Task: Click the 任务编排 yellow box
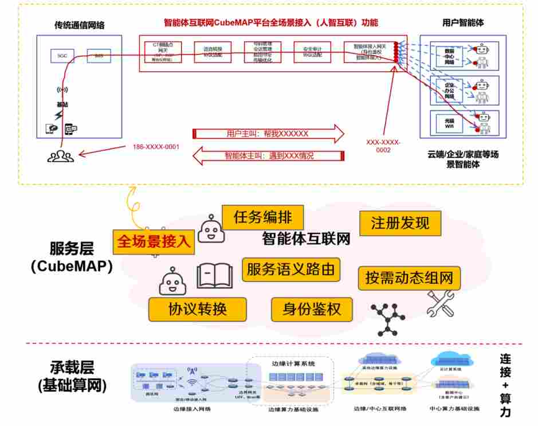(262, 217)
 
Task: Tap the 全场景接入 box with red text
(154, 241)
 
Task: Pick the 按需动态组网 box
(409, 278)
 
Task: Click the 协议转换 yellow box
(197, 309)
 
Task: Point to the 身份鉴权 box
(312, 309)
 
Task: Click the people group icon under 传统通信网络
(60, 155)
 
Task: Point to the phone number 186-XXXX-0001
(156, 147)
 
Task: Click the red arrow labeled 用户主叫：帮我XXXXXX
(268, 134)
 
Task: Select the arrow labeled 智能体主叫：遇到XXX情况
(268, 155)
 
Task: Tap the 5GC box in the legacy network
(61, 56)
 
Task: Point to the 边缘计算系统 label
(292, 364)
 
